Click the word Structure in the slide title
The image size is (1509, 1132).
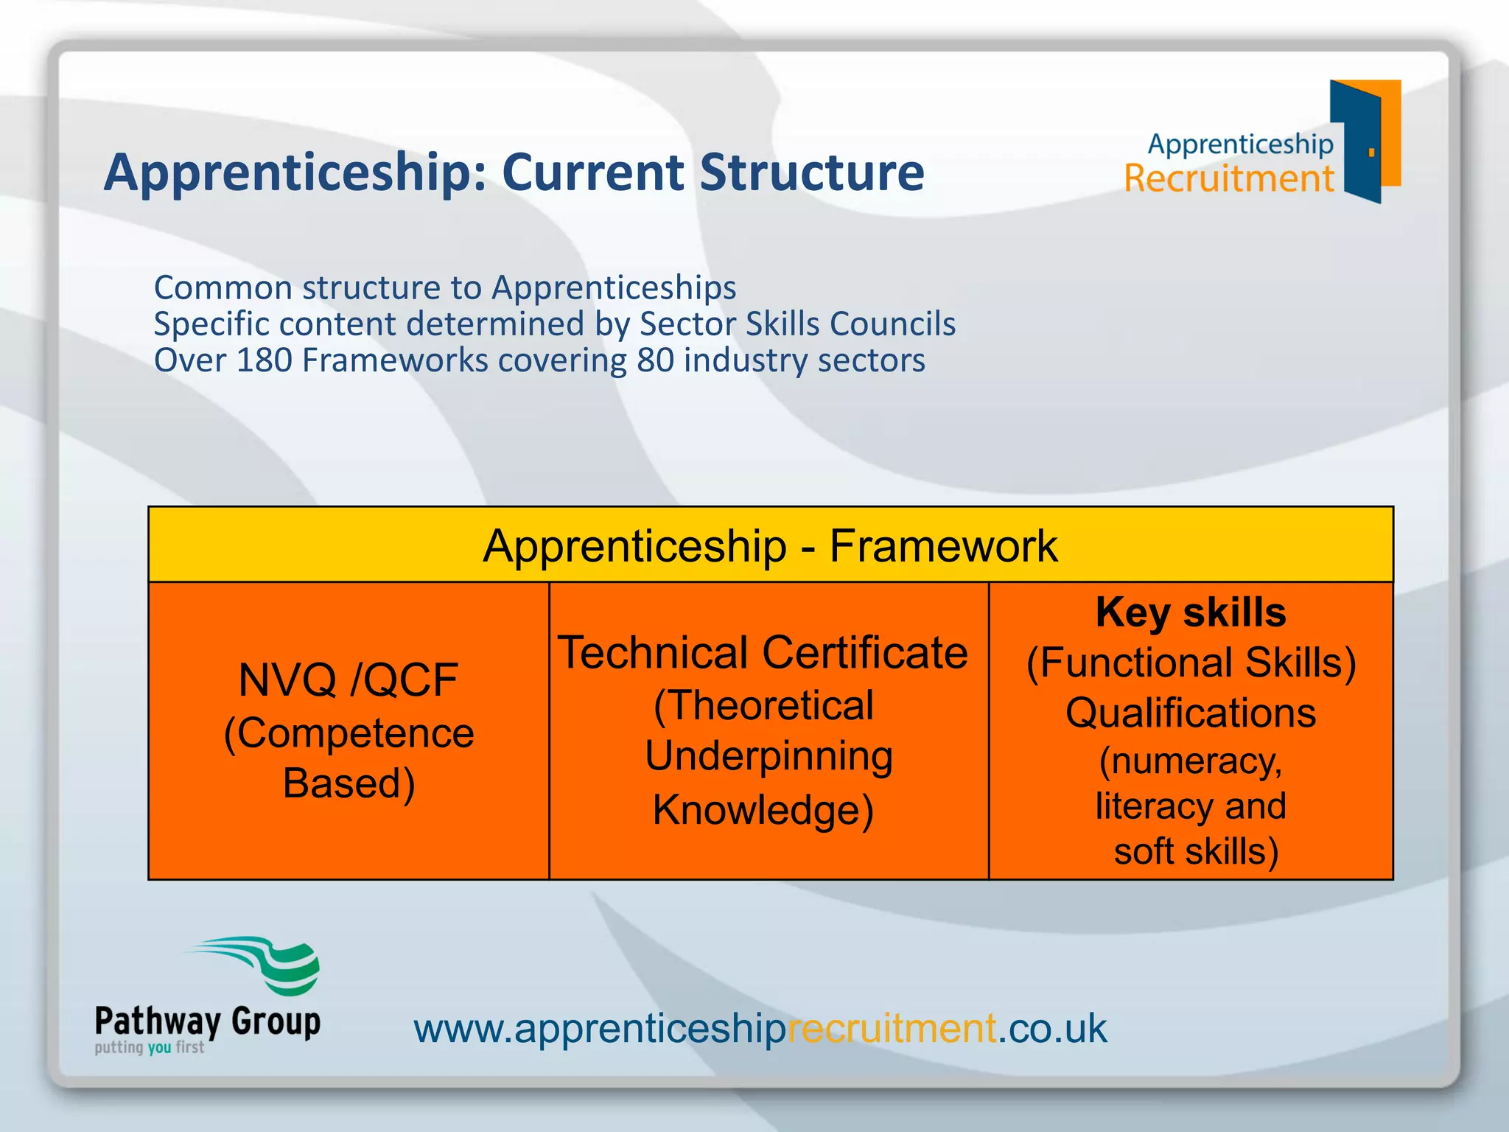click(x=811, y=172)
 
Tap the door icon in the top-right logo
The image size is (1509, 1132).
click(x=1364, y=141)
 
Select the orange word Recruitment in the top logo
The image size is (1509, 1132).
click(x=1228, y=179)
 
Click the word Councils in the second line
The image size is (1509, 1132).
click(x=892, y=324)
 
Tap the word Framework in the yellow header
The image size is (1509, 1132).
click(x=943, y=546)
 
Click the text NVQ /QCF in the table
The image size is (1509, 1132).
click(x=348, y=679)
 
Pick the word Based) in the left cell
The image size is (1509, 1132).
click(x=349, y=783)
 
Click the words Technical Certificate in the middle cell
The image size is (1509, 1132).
click(x=763, y=653)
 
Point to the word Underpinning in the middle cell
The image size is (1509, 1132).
click(x=768, y=756)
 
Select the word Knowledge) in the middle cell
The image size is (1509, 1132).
click(x=763, y=810)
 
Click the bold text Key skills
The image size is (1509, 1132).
click(x=1190, y=612)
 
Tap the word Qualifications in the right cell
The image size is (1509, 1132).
click(x=1190, y=713)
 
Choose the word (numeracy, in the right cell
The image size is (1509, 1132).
click(x=1190, y=761)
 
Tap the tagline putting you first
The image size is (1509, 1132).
click(x=149, y=1047)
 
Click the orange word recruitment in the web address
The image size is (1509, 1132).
click(x=892, y=1028)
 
